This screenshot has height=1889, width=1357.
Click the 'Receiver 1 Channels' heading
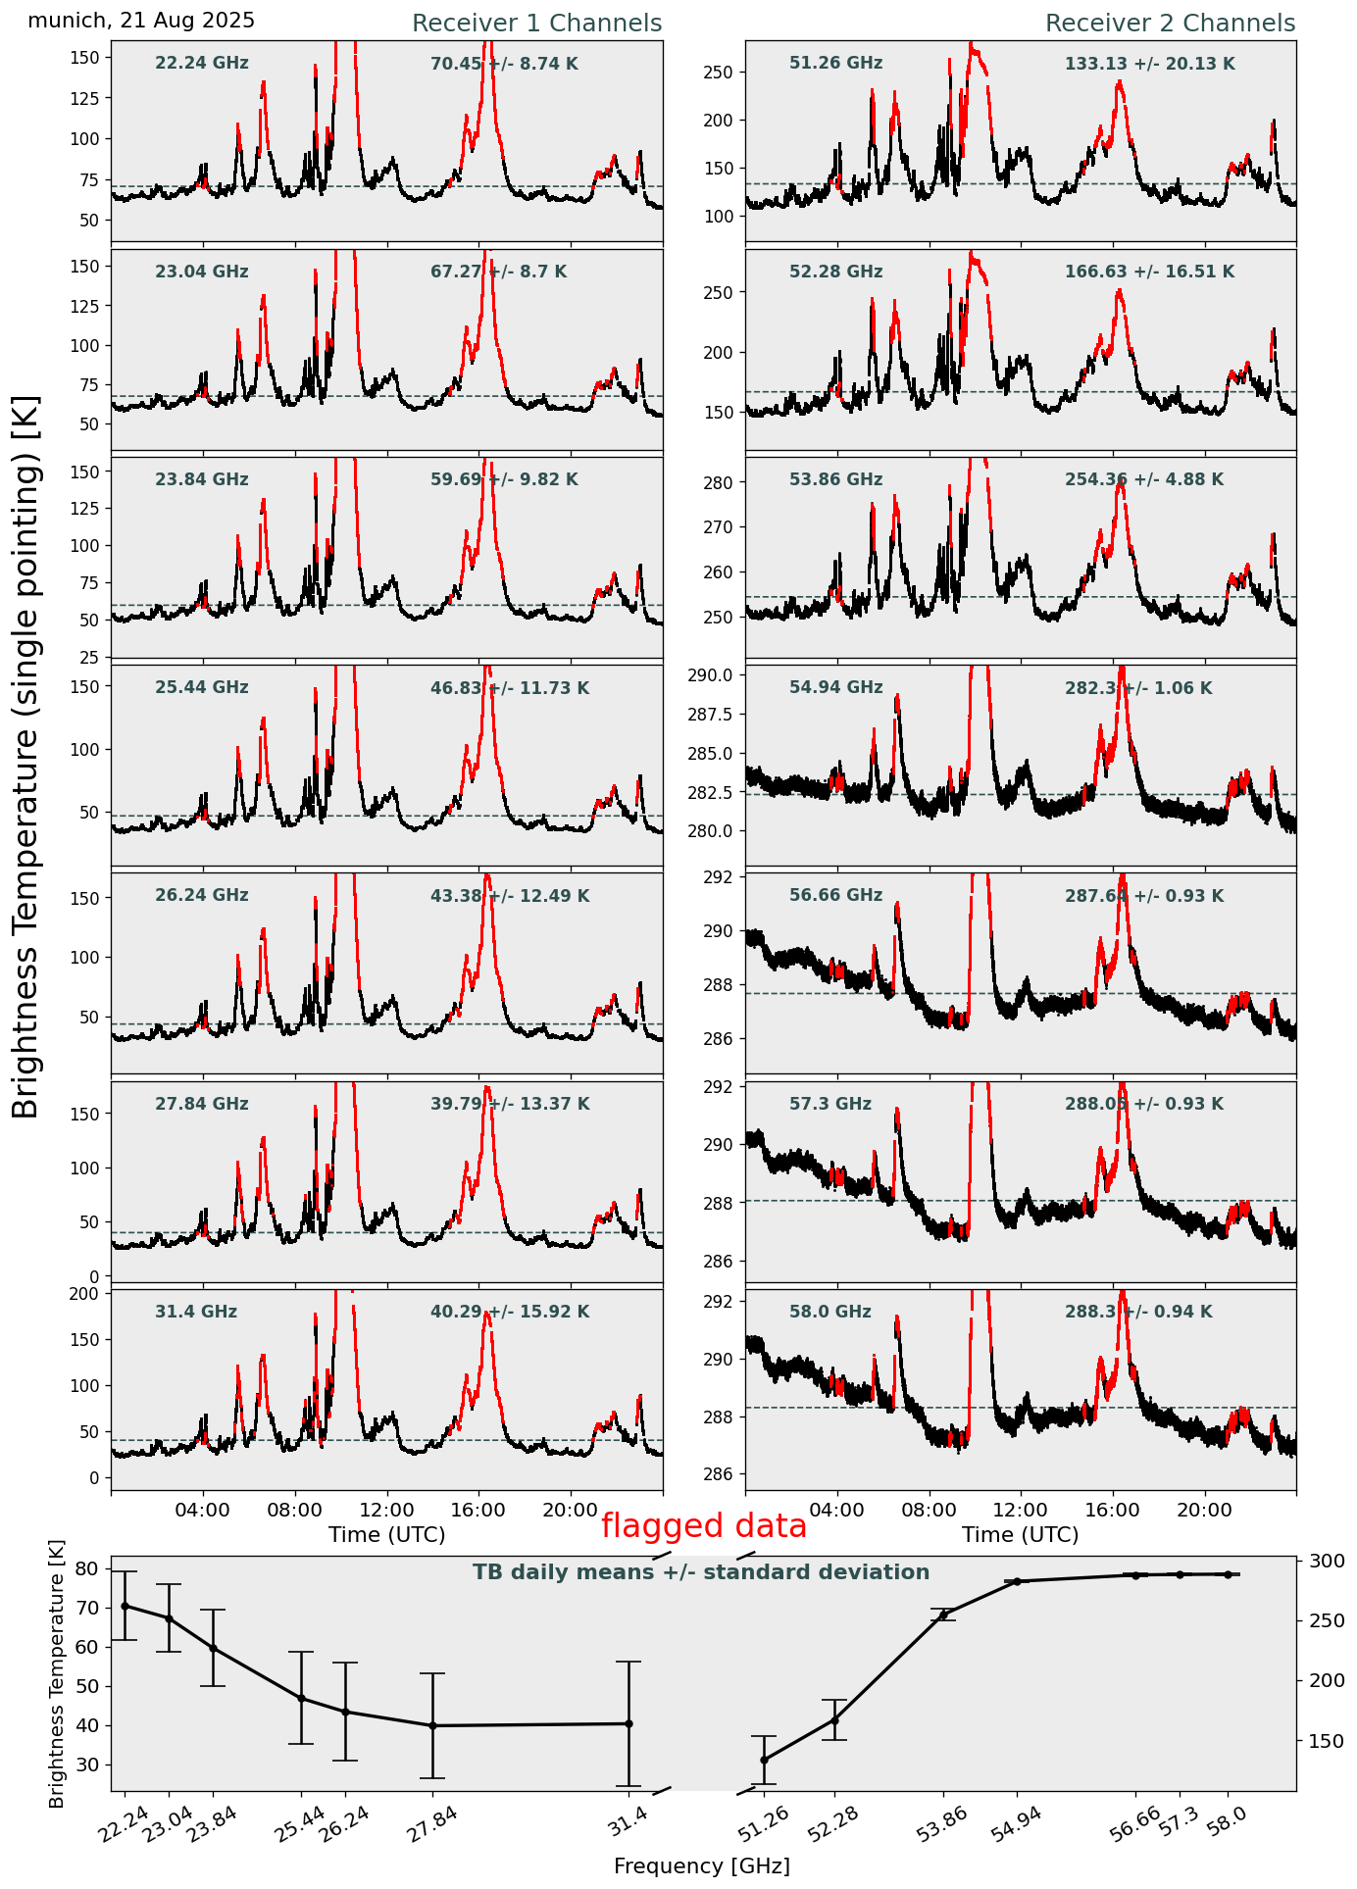[x=536, y=24]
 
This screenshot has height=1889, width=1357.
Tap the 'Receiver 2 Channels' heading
[x=1170, y=24]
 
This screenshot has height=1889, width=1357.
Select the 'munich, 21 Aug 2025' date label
[x=141, y=21]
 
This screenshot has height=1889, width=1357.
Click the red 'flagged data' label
[x=703, y=1525]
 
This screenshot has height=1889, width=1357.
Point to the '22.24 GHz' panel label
[x=202, y=64]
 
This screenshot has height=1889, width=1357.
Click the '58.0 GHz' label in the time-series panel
[x=829, y=1312]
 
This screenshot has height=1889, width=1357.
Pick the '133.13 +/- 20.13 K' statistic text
[x=1149, y=65]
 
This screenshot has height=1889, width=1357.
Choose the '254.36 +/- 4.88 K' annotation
[x=1143, y=480]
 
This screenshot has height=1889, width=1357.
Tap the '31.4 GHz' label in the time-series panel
[x=196, y=1312]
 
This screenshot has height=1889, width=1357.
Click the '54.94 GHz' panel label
[x=835, y=688]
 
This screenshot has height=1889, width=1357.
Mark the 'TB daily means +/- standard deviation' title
[x=701, y=1572]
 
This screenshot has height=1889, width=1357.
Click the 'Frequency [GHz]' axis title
[x=701, y=1865]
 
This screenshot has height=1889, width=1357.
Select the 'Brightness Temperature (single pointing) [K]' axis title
[x=26, y=757]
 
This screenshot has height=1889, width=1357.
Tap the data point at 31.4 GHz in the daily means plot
[x=628, y=1723]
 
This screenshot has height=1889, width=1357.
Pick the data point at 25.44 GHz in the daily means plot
[x=301, y=1698]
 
